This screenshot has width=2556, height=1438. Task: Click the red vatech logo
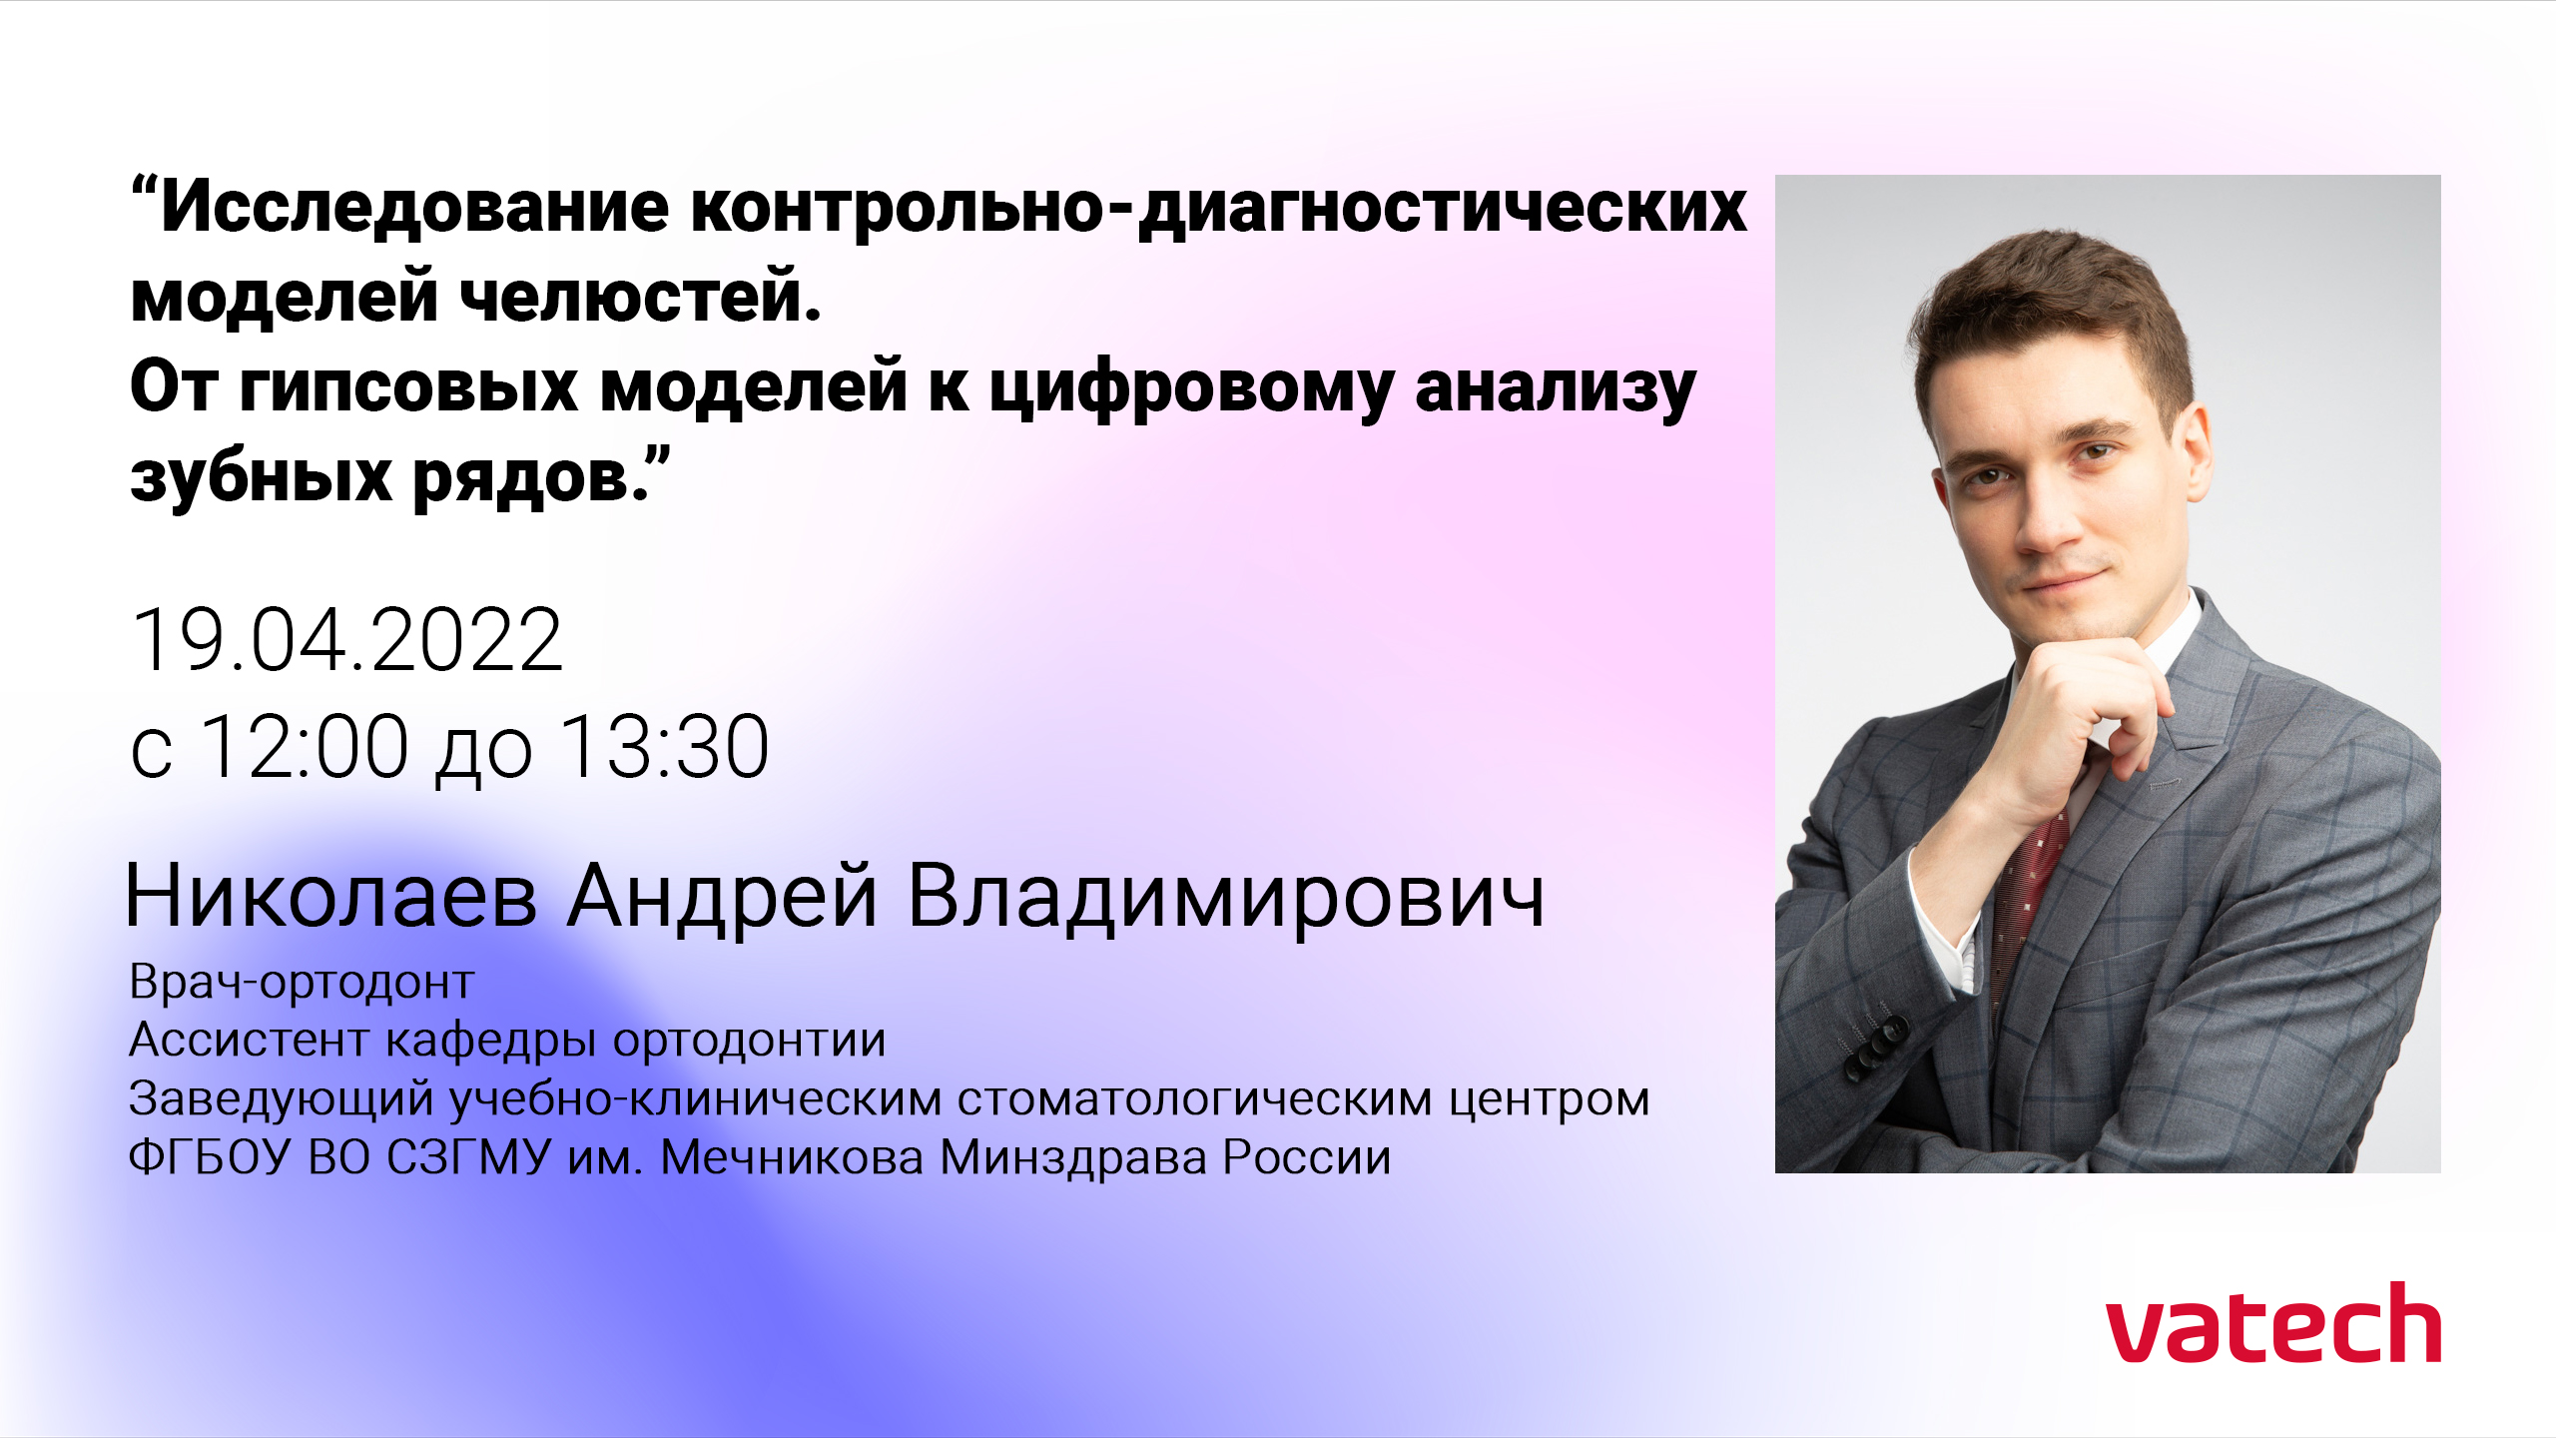[2273, 1322]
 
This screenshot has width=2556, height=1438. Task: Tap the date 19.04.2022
[347, 639]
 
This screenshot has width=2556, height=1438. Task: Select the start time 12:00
[305, 746]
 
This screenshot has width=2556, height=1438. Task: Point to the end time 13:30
[664, 746]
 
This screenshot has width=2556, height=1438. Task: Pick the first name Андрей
[723, 896]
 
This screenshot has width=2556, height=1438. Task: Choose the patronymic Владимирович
[1226, 896]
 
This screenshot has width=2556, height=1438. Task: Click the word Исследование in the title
[414, 208]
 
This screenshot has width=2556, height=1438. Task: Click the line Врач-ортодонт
[302, 983]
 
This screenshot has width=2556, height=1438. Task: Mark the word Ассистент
[250, 1040]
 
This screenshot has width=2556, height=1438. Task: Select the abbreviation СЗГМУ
[469, 1158]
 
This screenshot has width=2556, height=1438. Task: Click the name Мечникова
[792, 1158]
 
